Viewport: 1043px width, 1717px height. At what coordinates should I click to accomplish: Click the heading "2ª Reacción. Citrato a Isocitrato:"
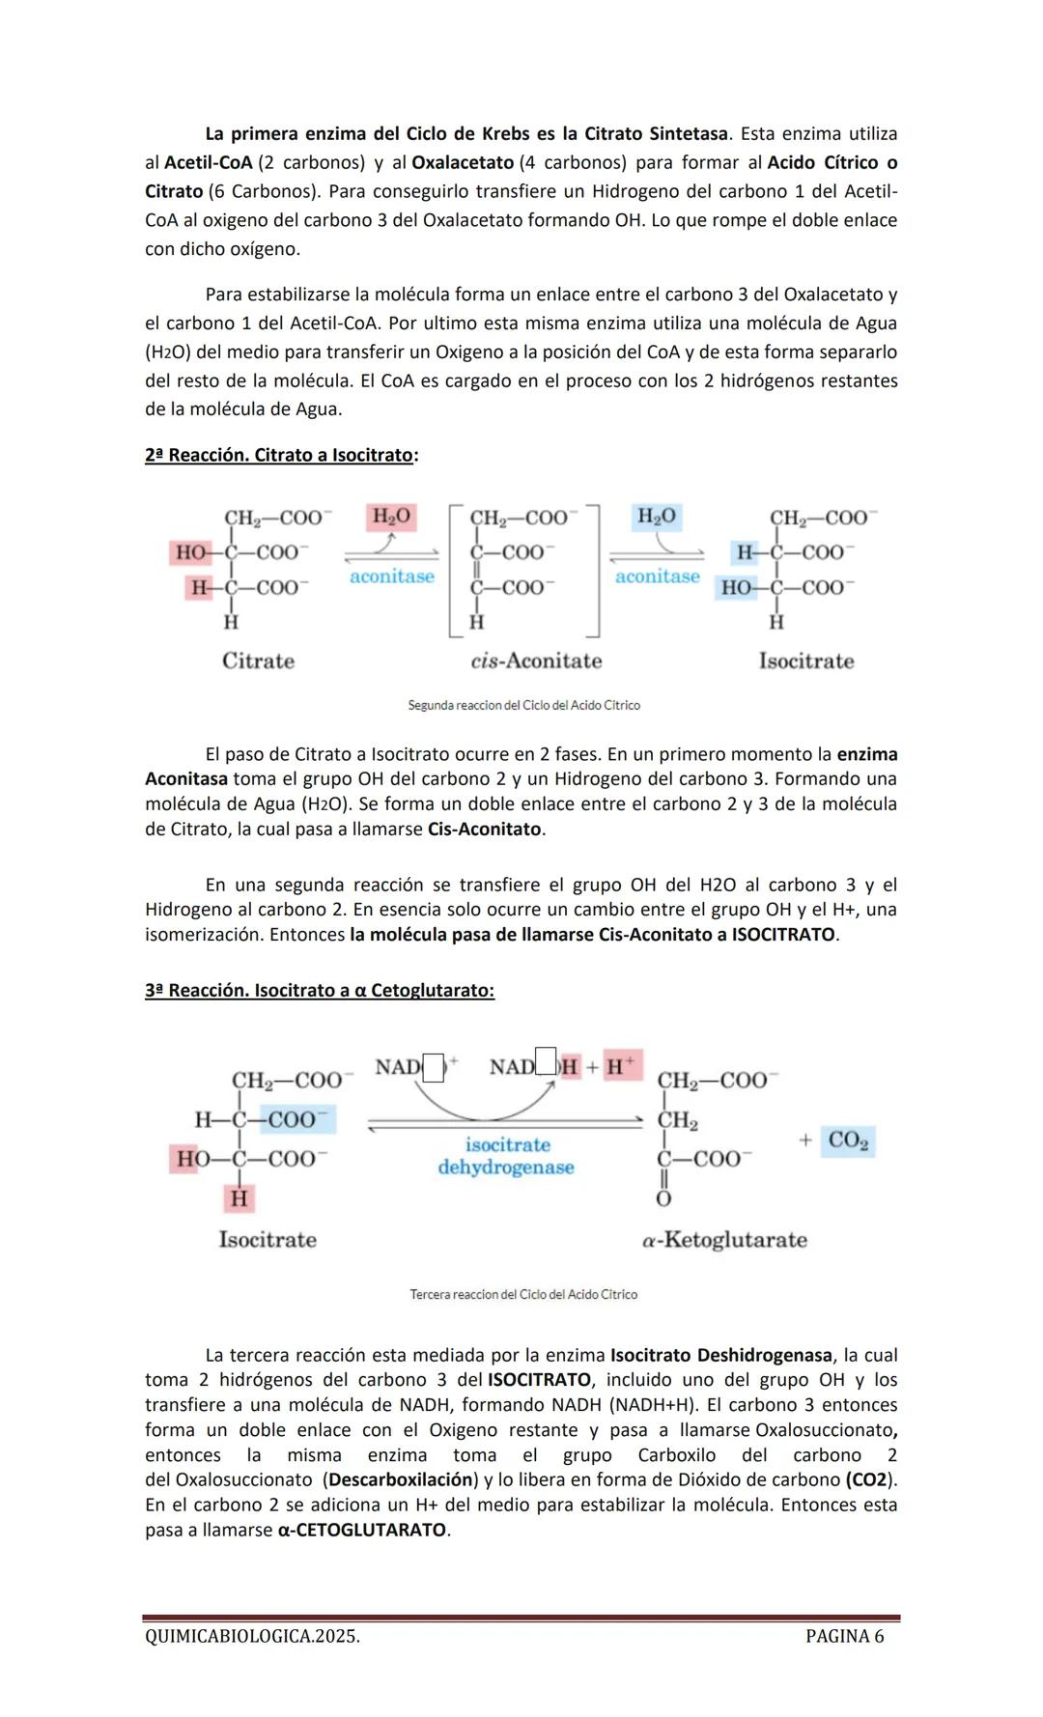tap(281, 455)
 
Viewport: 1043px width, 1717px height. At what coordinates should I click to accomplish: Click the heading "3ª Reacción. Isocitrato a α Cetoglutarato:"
tap(320, 991)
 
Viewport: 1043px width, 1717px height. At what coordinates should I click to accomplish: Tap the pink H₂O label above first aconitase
tap(391, 517)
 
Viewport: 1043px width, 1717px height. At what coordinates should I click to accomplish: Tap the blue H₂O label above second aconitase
tap(657, 517)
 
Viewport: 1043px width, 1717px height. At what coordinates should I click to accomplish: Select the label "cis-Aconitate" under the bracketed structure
tap(536, 661)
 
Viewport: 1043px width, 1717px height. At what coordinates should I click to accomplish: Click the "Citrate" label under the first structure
tap(258, 661)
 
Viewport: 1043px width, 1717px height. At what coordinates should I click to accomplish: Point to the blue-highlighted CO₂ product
tap(848, 1140)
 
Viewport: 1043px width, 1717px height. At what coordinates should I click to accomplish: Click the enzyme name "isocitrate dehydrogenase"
tap(506, 1156)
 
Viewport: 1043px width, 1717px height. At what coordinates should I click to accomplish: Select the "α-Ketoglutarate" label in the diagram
tap(724, 1240)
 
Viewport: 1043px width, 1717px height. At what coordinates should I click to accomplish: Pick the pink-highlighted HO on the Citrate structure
tap(191, 552)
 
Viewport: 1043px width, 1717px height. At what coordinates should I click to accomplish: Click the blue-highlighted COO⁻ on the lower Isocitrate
tap(297, 1119)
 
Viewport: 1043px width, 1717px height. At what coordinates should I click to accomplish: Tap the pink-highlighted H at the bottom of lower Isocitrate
tap(239, 1198)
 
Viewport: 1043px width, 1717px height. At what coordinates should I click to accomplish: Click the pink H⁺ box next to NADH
tap(622, 1066)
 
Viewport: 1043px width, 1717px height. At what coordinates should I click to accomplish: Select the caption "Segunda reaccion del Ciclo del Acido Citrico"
tap(523, 706)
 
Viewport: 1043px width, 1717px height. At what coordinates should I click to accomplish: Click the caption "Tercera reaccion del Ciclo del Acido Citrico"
tap(523, 1294)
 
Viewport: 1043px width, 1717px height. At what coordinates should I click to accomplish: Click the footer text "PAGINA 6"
tap(844, 1636)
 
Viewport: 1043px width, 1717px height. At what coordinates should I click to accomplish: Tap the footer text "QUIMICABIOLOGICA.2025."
tap(252, 1636)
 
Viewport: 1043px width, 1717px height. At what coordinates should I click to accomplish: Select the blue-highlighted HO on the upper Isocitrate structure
tap(737, 587)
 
